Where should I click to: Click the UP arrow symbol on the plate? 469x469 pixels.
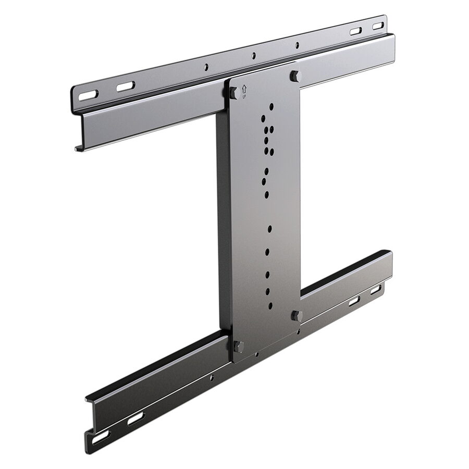coord(244,89)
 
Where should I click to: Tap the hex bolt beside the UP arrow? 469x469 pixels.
coord(234,93)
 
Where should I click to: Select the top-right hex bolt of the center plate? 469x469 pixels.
coord(295,76)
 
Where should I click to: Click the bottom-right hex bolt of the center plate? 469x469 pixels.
coord(297,316)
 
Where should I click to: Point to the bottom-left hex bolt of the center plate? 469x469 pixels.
coord(238,347)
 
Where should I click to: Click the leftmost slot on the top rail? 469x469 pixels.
coord(88,95)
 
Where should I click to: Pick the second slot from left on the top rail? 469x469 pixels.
coord(126,87)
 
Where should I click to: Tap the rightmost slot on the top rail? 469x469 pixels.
coord(378,26)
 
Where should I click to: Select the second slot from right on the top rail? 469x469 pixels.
coord(356,31)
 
